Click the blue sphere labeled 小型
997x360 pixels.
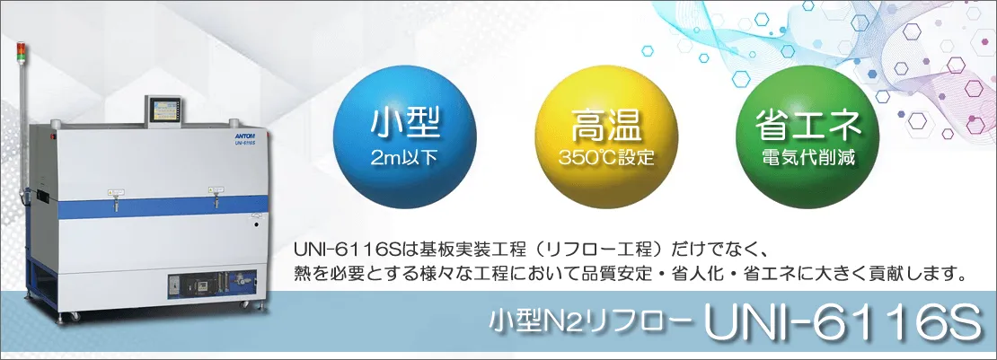tap(404, 137)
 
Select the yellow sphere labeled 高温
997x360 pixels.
tap(606, 137)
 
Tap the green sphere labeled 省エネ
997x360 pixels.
tap(807, 137)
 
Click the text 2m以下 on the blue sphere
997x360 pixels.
tap(404, 157)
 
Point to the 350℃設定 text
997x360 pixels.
tap(606, 157)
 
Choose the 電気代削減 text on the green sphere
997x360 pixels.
tap(807, 157)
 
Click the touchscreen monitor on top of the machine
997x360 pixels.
tap(163, 110)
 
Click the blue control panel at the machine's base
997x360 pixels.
tap(212, 285)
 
